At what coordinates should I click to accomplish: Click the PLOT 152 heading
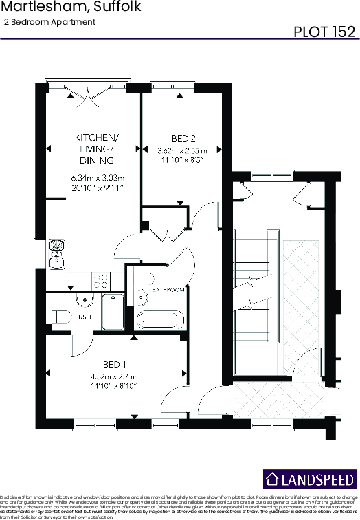coord(324,32)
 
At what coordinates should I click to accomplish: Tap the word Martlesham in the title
coord(34,8)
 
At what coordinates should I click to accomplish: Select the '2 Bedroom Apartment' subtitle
coord(49,22)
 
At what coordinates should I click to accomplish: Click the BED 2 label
coord(182,137)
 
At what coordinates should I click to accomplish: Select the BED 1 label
coord(114,363)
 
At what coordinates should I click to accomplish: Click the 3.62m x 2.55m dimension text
coord(182,150)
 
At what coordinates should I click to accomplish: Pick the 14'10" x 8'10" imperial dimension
coord(114,386)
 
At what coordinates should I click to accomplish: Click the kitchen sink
coord(56,253)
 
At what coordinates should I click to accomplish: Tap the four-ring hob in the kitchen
coord(100,280)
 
